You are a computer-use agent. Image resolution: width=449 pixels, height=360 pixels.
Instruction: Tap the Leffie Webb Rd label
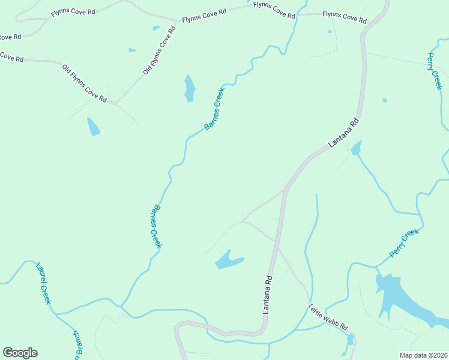click(328, 318)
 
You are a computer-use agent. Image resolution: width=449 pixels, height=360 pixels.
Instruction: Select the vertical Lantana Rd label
click(268, 295)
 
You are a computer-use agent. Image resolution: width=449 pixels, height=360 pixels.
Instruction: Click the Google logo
click(20, 353)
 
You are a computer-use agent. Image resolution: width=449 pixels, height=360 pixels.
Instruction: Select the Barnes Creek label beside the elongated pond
click(214, 109)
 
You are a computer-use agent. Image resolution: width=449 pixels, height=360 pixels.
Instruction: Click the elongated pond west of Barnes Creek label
click(190, 88)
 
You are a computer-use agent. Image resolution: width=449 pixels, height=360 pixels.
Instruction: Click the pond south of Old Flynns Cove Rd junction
click(93, 127)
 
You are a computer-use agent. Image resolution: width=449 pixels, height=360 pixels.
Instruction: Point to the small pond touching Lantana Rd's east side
click(357, 148)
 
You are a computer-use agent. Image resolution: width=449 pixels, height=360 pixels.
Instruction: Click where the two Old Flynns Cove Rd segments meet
click(114, 103)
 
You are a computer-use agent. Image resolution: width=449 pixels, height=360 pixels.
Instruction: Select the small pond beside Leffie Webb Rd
click(350, 340)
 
